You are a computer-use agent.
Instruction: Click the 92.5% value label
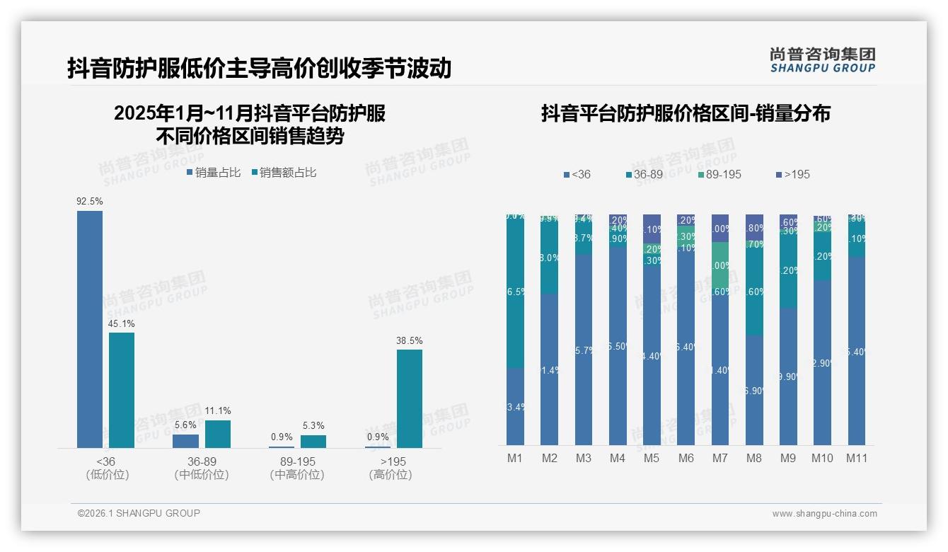[x=90, y=202]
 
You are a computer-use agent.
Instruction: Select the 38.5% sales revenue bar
[x=409, y=398]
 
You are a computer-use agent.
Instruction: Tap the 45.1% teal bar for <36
[x=122, y=390]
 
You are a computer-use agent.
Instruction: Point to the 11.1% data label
[x=218, y=411]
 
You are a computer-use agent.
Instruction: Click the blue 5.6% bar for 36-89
[x=185, y=441]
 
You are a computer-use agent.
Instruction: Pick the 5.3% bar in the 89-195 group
[x=313, y=442]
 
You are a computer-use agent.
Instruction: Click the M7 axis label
[x=719, y=459]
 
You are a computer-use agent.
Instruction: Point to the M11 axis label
[x=857, y=459]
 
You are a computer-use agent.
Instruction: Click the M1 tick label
[x=514, y=459]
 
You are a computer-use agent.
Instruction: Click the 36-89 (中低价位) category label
[x=201, y=468]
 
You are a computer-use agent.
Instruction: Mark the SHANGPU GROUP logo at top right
[x=822, y=60]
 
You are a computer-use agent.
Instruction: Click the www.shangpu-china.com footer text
[x=824, y=514]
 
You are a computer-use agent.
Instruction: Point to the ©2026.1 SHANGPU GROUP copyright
[x=139, y=513]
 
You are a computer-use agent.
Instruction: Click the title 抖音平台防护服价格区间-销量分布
[x=685, y=113]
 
